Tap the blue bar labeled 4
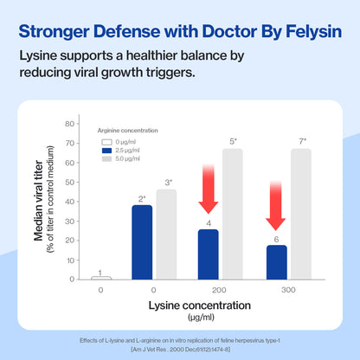click(x=209, y=254)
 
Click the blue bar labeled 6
click(x=276, y=262)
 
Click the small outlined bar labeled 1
click(x=100, y=278)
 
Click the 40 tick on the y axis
click(x=71, y=202)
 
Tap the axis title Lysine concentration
click(x=199, y=305)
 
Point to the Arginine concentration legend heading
click(x=130, y=130)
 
